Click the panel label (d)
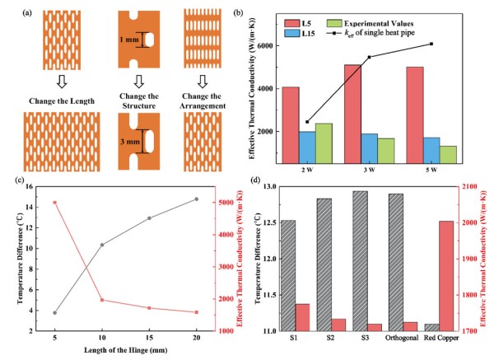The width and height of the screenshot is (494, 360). [261, 180]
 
